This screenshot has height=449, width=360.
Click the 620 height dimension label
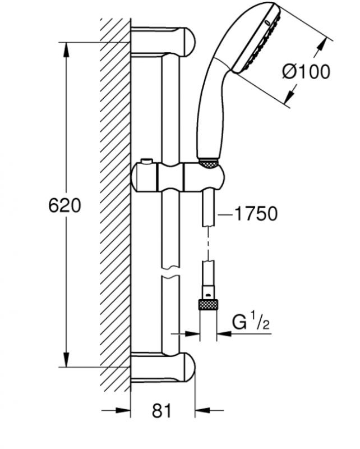point(64,205)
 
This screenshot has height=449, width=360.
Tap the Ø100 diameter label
point(306,71)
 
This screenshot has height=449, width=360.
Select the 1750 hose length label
point(256,213)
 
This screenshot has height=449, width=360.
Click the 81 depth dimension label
point(161,411)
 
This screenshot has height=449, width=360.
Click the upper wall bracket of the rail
point(163,42)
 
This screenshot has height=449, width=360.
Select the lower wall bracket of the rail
point(163,368)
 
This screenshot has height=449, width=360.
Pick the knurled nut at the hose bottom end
point(208,304)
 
